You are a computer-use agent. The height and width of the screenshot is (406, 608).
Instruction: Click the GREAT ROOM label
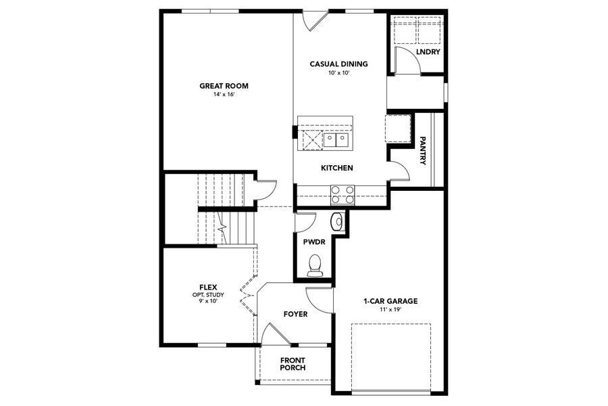click(224, 86)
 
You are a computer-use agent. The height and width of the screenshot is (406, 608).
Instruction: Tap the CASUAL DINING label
click(338, 64)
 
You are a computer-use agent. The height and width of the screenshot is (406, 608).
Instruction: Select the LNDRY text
click(428, 51)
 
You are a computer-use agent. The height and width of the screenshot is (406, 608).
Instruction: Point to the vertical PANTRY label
click(422, 151)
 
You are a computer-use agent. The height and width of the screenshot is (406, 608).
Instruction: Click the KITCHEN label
click(337, 168)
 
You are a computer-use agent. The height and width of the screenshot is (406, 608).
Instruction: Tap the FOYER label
click(295, 314)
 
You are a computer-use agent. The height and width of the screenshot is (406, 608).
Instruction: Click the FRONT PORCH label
click(293, 364)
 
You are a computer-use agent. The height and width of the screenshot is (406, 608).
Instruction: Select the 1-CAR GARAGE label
click(390, 301)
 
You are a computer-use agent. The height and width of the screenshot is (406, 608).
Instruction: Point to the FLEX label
click(207, 287)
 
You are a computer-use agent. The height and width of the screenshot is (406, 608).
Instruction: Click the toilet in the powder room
click(315, 265)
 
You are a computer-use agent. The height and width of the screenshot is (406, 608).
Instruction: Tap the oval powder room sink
click(338, 221)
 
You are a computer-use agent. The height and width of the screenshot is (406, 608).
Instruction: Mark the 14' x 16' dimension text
click(224, 95)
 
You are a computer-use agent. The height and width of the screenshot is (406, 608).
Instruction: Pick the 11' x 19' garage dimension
click(390, 309)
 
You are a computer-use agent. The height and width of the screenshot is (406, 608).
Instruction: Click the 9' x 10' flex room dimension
click(207, 301)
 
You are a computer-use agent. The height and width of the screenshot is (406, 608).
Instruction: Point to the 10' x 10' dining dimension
click(338, 72)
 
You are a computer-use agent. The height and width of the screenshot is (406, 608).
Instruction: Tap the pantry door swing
click(399, 168)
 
